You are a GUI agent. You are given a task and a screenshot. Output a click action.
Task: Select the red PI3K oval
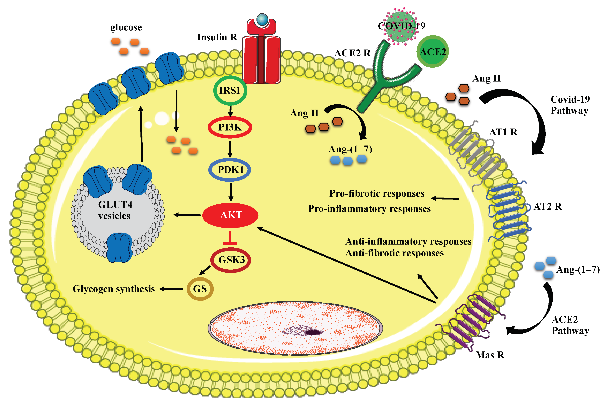click(x=230, y=127)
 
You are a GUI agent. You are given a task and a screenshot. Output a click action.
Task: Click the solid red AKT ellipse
click(x=230, y=215)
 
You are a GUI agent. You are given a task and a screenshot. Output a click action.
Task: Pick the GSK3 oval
click(x=231, y=260)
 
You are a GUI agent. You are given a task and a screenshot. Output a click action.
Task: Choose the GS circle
click(x=200, y=289)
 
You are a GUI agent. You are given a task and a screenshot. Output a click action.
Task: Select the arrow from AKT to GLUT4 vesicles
click(x=187, y=215)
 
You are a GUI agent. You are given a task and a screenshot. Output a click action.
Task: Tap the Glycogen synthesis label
click(x=114, y=289)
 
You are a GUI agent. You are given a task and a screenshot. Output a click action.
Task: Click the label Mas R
click(x=490, y=355)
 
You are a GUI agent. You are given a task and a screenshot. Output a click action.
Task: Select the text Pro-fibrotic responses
click(x=377, y=193)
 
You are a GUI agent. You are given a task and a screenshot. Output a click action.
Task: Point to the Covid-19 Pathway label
click(x=570, y=105)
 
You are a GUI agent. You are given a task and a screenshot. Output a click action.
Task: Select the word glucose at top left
click(x=126, y=27)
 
